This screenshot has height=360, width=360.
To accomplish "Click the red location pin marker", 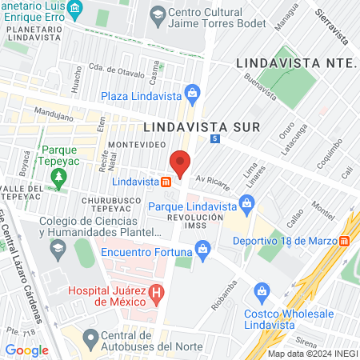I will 181,162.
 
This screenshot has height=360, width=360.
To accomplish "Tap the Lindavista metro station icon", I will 166,182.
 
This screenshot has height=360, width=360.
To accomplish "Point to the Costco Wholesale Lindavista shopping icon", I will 261,290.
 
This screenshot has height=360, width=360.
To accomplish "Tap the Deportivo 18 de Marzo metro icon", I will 344,240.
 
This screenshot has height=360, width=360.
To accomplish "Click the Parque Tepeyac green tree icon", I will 57,183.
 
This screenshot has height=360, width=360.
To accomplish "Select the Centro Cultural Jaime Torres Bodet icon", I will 158,14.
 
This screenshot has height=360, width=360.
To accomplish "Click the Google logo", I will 26,350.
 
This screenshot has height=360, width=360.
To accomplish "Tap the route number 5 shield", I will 215,138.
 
